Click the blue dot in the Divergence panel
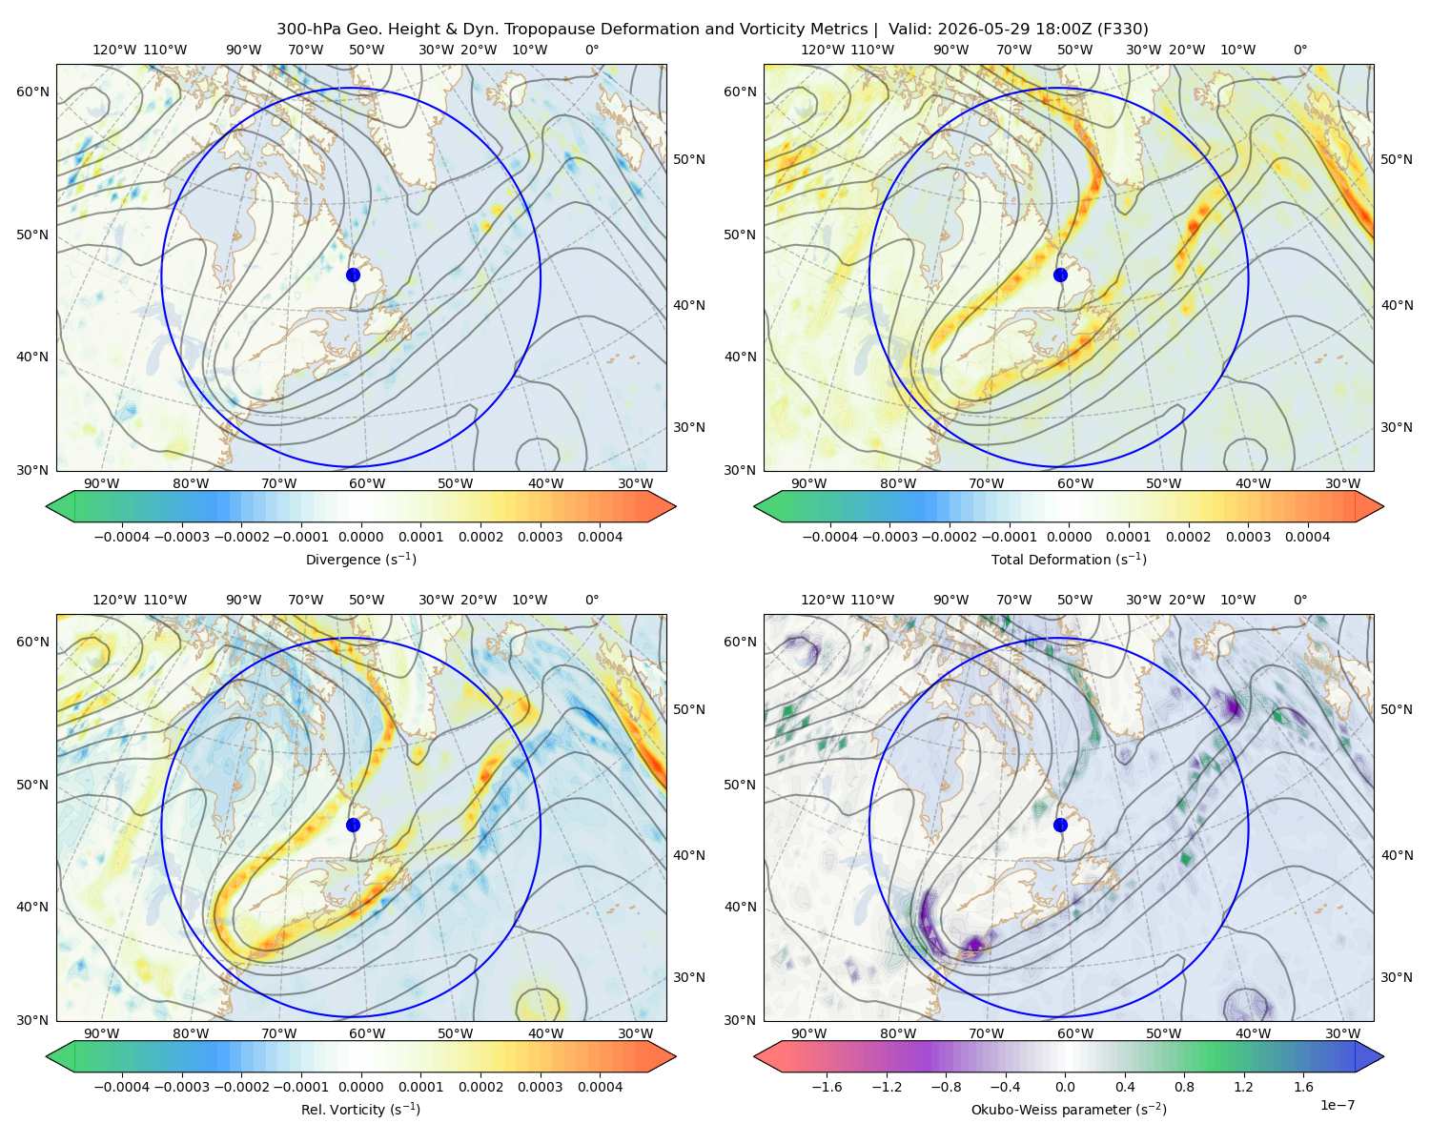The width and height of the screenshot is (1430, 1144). pos(353,275)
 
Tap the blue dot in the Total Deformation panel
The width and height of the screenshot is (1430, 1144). pos(1060,275)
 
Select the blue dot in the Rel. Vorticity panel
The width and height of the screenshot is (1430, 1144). pos(353,825)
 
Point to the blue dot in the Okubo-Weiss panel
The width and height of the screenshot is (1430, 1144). pos(1060,825)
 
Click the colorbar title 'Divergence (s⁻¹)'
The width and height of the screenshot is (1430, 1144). pos(360,559)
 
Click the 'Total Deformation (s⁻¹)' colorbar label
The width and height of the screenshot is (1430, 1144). pos(1069,559)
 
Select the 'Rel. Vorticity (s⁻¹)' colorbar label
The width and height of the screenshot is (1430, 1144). pos(360,1109)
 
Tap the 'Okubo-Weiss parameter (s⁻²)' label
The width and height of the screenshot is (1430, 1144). pos(1069,1109)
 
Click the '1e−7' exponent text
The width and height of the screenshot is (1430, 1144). pos(1337,1105)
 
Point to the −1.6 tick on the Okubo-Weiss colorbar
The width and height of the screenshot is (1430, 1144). pos(827,1086)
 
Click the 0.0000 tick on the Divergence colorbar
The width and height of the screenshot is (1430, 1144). pos(360,537)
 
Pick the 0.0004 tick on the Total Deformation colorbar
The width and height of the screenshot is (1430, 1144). pos(1307,537)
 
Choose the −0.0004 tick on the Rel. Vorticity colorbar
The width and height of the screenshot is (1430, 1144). pos(122,1086)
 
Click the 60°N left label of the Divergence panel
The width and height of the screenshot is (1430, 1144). pos(32,92)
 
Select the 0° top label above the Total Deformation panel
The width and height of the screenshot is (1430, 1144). pos(1299,50)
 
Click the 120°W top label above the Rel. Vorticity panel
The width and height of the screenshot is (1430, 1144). pos(114,600)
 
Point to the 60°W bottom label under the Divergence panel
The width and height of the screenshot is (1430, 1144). pos(367,483)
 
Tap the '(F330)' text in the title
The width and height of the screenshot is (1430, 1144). pos(1123,30)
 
